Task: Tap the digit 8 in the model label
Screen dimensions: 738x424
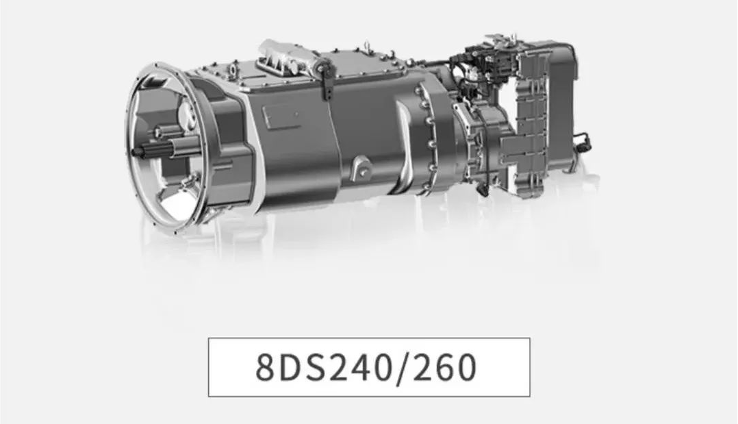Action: click(x=265, y=367)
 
